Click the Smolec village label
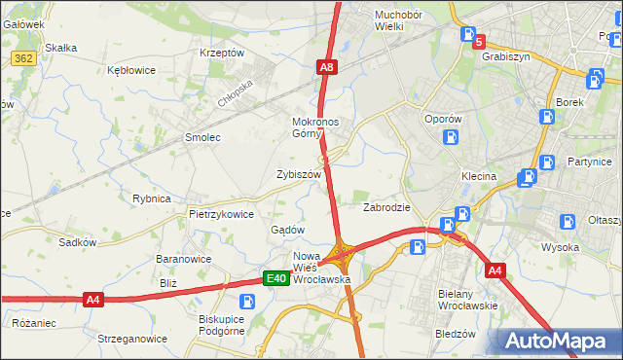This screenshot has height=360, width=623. point(202,137)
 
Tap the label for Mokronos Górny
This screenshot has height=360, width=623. point(315,127)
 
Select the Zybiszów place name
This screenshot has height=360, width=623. point(299,173)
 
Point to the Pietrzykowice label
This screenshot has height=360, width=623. point(221,214)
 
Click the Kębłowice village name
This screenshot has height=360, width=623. point(133,70)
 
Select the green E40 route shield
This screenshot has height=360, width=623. point(276,279)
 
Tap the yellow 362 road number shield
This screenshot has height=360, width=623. point(25,58)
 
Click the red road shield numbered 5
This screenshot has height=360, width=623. point(478,41)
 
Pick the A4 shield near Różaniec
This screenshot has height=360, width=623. point(93,300)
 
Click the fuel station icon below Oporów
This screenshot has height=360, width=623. point(450,136)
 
